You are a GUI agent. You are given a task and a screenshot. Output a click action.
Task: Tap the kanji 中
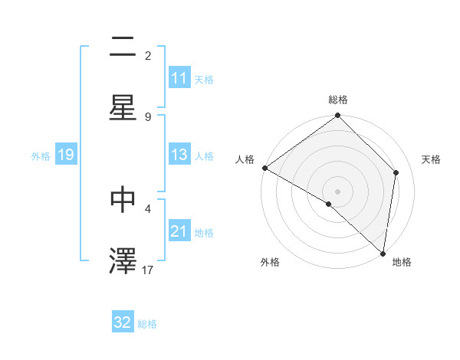click(123, 199)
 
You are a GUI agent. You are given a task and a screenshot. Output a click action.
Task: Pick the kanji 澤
click(123, 259)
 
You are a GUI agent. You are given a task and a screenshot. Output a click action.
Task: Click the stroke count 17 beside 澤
click(149, 269)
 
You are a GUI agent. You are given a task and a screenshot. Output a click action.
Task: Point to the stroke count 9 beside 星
click(148, 116)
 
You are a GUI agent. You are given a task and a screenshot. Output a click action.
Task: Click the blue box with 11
click(179, 78)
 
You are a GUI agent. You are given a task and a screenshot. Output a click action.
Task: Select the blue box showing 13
click(179, 155)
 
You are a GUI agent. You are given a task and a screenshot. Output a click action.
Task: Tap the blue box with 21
click(179, 231)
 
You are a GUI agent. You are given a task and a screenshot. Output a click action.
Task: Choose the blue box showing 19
click(65, 155)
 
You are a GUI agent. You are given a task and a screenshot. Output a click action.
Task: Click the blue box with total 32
click(123, 322)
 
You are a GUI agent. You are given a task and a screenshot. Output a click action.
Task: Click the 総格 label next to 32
click(147, 324)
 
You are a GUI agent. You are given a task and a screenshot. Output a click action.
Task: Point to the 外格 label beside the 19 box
click(41, 156)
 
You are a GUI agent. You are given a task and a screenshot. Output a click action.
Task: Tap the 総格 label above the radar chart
click(338, 100)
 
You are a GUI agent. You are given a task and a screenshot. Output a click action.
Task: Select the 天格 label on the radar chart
click(432, 159)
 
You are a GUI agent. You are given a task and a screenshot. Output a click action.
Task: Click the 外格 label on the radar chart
click(270, 263)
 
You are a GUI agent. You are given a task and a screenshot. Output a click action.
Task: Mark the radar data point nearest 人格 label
click(264, 168)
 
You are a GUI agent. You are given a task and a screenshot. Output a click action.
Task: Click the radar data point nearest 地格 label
click(383, 253)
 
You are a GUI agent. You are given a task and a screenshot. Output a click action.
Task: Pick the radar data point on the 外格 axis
click(329, 204)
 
